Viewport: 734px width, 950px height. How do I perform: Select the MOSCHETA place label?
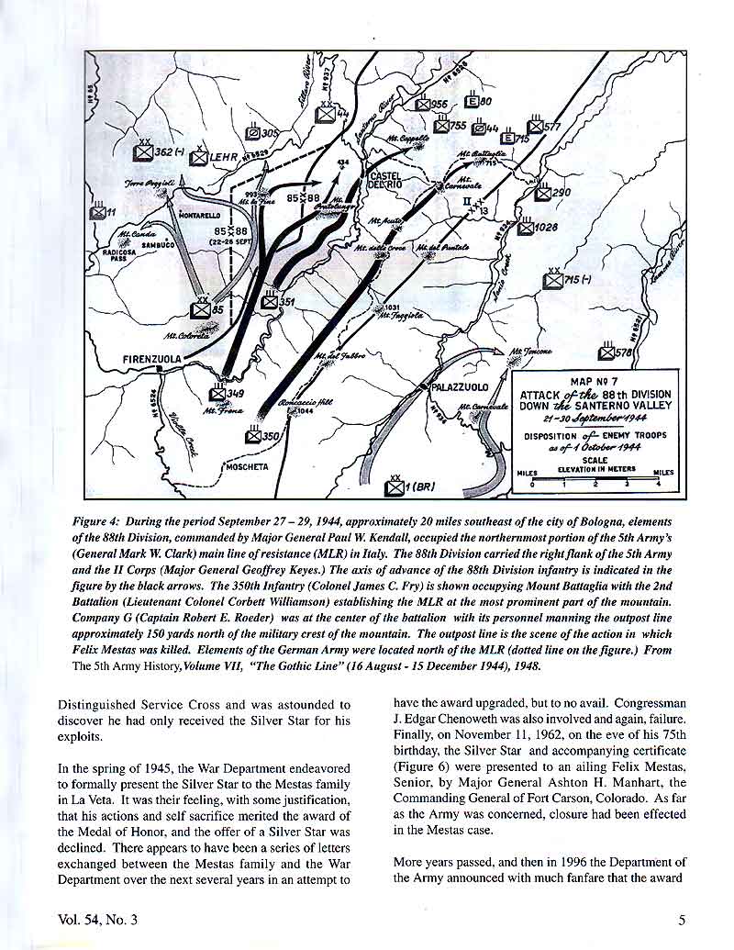click(247, 466)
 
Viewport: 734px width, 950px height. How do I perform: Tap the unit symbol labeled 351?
click(270, 301)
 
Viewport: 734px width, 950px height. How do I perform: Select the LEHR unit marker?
click(199, 157)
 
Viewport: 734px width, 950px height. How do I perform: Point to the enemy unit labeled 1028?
click(524, 227)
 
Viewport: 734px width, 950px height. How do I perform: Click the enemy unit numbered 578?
click(606, 352)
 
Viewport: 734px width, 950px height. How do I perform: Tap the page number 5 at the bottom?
click(682, 921)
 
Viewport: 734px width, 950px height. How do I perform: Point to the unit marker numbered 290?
click(543, 193)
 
